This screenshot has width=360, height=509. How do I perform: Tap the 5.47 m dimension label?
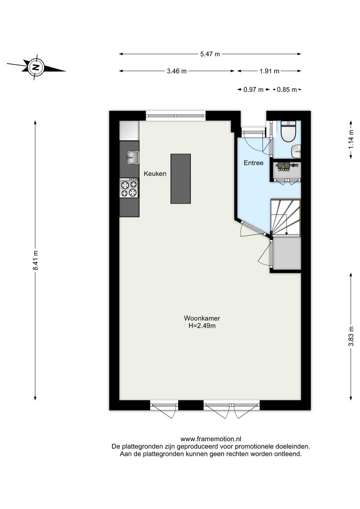(x=210, y=54)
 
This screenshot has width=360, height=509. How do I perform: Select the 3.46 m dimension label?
(x=177, y=71)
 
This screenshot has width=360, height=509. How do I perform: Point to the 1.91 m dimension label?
(x=269, y=71)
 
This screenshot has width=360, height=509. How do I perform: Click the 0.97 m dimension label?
(x=253, y=90)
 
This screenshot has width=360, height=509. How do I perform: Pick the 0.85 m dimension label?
(x=287, y=90)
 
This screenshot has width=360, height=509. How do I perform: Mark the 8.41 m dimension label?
(x=35, y=260)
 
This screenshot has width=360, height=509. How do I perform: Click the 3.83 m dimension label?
(x=351, y=336)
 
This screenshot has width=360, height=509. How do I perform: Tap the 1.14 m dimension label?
(x=351, y=139)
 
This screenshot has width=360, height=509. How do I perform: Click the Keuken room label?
(x=155, y=174)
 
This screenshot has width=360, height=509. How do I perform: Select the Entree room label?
(x=253, y=163)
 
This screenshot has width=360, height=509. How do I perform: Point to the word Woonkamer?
(x=202, y=318)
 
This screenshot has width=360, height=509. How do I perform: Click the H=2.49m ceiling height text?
(x=202, y=326)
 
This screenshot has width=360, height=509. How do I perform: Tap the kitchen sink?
(x=133, y=157)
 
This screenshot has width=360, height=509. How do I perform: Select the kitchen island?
(x=181, y=178)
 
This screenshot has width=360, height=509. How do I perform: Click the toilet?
(x=288, y=131)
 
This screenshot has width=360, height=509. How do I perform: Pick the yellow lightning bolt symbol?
(x=283, y=167)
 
